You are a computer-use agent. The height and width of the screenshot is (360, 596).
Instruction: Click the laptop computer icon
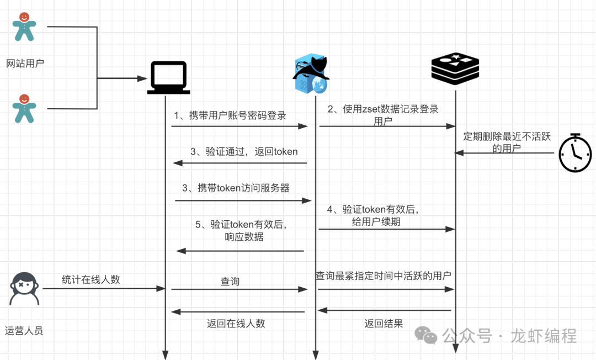coord(168,78)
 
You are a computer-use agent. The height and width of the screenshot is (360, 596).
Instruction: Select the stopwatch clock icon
coord(575,152)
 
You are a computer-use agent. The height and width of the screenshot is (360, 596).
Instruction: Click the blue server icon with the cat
coord(310,74)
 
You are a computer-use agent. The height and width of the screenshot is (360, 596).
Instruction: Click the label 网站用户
coord(25,63)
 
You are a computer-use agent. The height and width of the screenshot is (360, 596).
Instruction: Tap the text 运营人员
coord(24,331)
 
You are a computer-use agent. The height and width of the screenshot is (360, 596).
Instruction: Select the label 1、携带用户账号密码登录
coord(230,115)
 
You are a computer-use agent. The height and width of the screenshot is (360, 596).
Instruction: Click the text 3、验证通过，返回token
coord(243,152)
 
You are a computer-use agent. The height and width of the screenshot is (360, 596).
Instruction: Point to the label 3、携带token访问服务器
coord(236,188)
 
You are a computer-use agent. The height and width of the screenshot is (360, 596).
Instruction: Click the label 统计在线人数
coord(91,279)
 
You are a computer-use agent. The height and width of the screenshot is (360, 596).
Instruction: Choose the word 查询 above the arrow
coord(230,282)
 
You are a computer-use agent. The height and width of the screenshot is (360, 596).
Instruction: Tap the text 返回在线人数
coord(236,324)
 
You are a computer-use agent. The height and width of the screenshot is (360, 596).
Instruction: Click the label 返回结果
coord(384,324)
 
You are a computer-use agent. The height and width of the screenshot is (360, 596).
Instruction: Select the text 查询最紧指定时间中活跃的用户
coord(383,276)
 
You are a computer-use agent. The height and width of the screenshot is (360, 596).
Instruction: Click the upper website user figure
coord(24,27)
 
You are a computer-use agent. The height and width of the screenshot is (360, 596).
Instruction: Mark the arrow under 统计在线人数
coord(105,288)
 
